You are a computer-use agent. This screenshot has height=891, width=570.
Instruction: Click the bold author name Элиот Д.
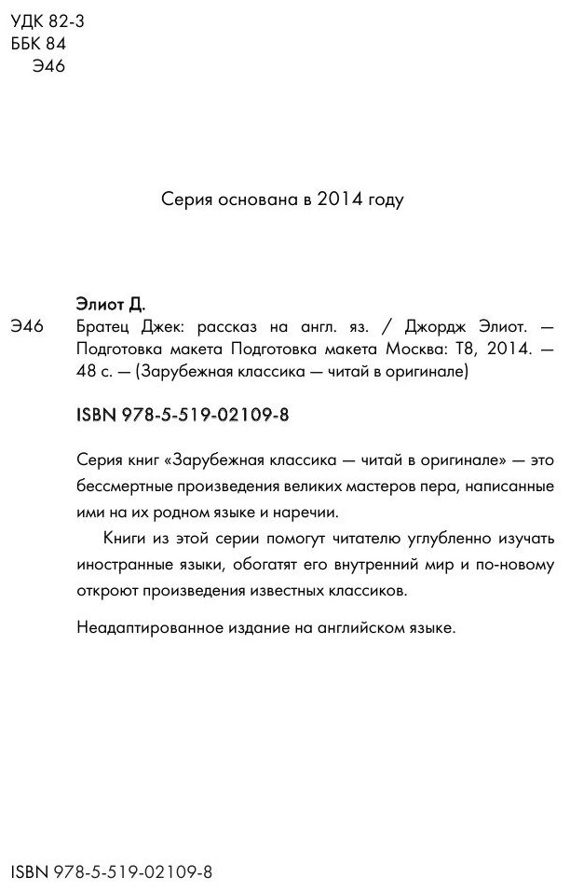coord(109,303)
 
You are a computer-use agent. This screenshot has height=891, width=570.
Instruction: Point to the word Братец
coord(102,326)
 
